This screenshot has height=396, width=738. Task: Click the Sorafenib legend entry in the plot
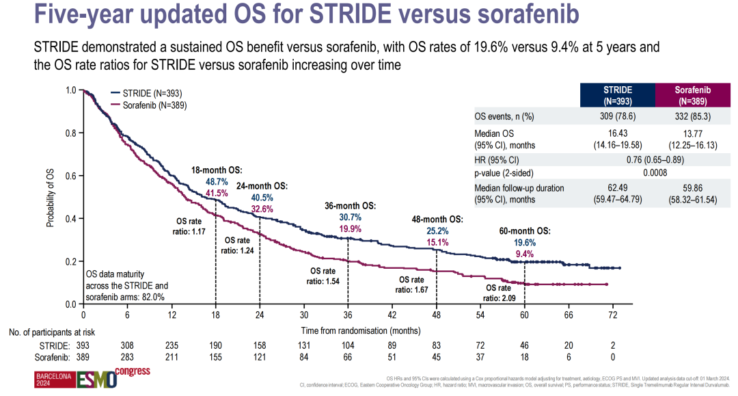[152, 106]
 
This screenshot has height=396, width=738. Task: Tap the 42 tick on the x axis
[392, 315]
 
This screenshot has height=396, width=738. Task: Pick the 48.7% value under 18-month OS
[216, 182]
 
